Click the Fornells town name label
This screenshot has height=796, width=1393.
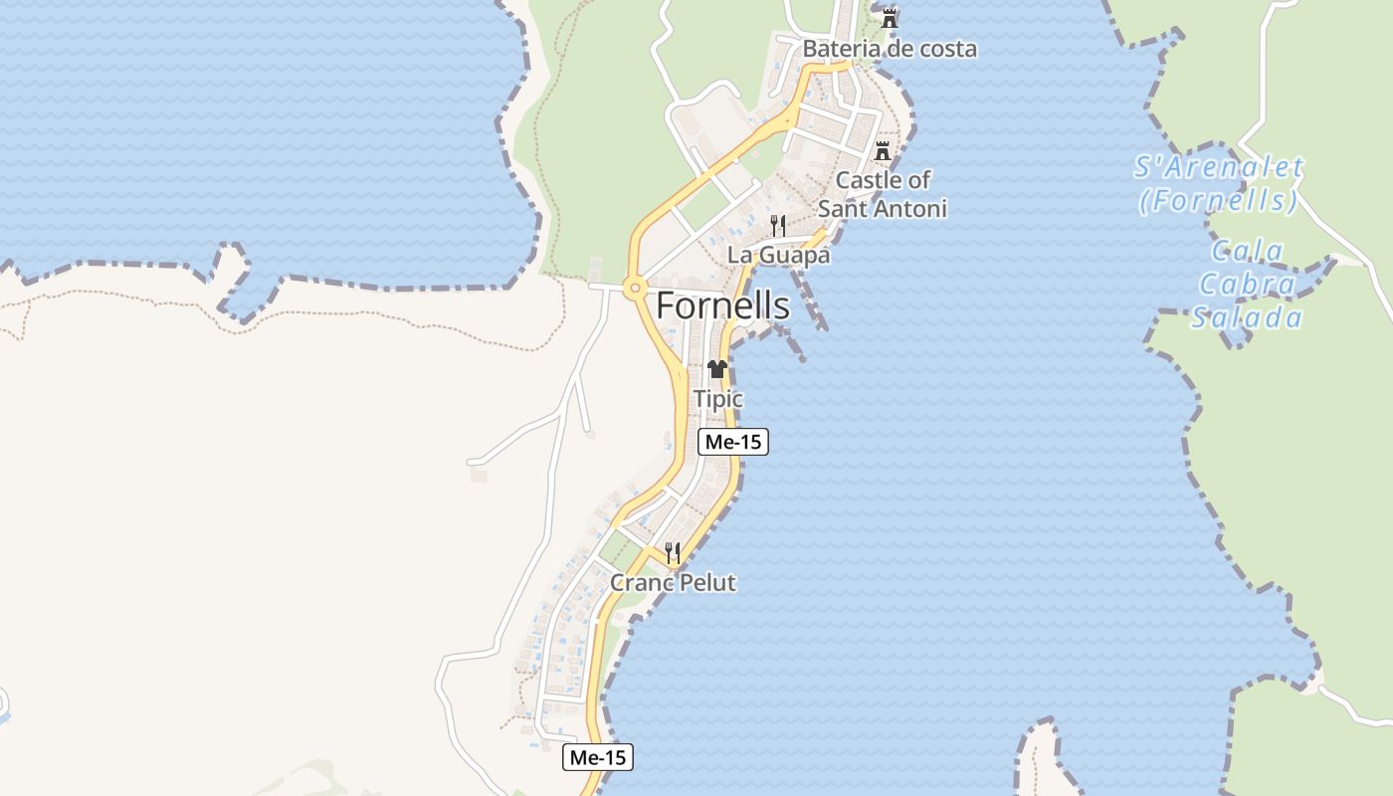722,305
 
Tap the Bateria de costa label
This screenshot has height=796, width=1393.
890,49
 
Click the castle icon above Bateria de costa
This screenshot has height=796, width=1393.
890,17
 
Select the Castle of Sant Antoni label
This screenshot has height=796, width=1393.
882,194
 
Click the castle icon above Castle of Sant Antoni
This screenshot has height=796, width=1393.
882,152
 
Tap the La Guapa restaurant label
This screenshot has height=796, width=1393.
778,255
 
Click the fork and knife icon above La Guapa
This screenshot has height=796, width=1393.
778,226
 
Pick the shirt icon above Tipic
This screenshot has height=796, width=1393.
717,369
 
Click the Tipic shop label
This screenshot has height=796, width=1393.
717,399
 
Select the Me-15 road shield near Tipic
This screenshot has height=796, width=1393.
733,442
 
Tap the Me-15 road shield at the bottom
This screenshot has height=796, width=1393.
598,757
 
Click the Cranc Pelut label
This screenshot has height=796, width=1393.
673,583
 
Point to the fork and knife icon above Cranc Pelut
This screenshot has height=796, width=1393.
673,553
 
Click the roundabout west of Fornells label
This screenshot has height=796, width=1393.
633,289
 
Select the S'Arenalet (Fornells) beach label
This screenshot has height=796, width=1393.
1218,184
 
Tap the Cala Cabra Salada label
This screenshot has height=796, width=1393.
1248,285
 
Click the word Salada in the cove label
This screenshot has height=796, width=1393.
1248,318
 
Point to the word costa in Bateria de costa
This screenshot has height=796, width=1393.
942,49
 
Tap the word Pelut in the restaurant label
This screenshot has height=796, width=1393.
704,583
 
